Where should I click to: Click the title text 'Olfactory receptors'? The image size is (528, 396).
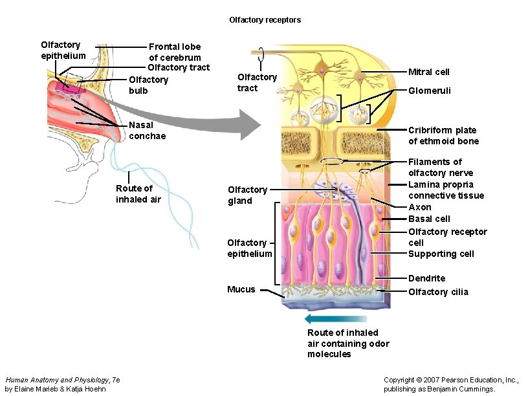point(265,20)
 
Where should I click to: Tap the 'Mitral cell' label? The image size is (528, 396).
point(428,72)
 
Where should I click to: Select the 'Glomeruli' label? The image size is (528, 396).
point(429,91)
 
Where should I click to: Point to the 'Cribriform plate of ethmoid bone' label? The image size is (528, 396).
point(443,136)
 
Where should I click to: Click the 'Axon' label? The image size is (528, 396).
point(420,208)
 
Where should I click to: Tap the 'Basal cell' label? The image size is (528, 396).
point(429,219)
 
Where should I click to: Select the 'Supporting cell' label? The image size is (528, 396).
point(441,254)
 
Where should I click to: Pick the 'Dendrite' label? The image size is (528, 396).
point(426,278)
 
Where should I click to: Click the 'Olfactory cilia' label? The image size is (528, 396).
point(438,292)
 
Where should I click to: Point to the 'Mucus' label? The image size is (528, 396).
point(241,289)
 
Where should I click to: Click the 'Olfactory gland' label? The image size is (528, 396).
point(247,195)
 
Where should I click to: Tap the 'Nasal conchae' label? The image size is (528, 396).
point(147,131)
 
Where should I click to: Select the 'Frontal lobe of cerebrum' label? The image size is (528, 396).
point(175,52)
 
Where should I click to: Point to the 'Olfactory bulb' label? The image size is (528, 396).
point(148,85)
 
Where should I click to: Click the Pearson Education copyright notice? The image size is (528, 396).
point(451,384)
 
